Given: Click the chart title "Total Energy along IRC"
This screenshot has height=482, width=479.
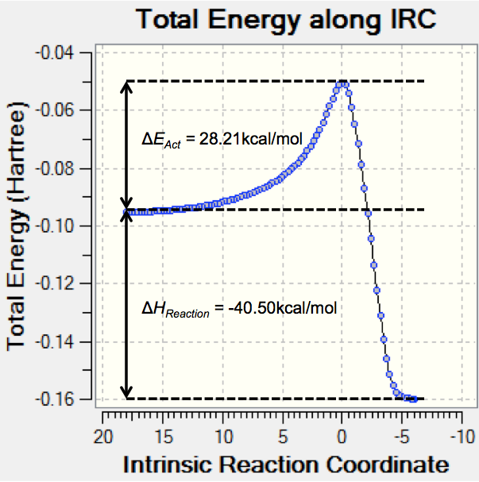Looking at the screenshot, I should pyautogui.click(x=287, y=19).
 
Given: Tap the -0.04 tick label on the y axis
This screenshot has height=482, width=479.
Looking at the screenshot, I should pyautogui.click(x=70, y=52).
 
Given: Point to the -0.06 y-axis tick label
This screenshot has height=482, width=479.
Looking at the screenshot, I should pyautogui.click(x=70, y=110).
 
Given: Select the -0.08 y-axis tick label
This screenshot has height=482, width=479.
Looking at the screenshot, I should pyautogui.click(x=70, y=168).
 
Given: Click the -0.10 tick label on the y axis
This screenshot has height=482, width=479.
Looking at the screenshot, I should pyautogui.click(x=70, y=226).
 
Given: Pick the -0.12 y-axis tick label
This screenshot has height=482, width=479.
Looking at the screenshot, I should pyautogui.click(x=70, y=283).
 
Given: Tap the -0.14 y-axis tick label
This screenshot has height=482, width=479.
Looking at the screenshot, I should pyautogui.click(x=70, y=341).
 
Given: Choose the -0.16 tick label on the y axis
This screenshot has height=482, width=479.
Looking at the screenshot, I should pyautogui.click(x=70, y=399).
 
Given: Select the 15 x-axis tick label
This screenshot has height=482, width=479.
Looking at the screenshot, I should pyautogui.click(x=163, y=437).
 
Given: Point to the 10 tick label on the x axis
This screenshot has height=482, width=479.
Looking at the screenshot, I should pyautogui.click(x=223, y=437).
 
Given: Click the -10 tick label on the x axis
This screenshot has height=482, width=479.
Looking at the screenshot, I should pyautogui.click(x=460, y=437).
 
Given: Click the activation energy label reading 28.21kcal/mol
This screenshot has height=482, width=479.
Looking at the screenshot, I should pyautogui.click(x=222, y=140).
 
